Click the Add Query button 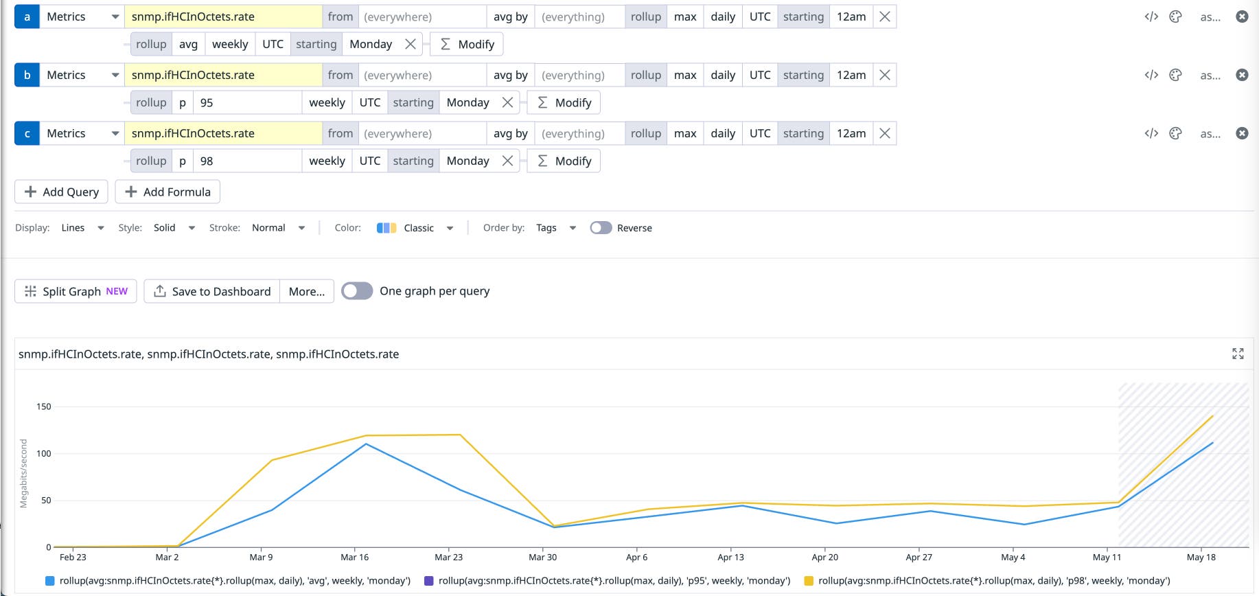[x=61, y=192]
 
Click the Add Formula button [x=168, y=192]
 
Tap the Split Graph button [x=76, y=291]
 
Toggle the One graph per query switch [x=357, y=291]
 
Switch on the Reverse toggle [x=601, y=228]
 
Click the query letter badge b [x=27, y=75]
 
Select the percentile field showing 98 [x=247, y=161]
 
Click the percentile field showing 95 [x=247, y=102]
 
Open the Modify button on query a [x=467, y=44]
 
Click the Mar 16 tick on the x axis [x=354, y=557]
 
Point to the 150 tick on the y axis [x=44, y=406]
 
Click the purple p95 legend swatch [x=429, y=581]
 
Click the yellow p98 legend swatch [x=809, y=581]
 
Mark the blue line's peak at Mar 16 [x=366, y=444]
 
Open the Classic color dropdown [x=415, y=228]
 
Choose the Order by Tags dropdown [x=555, y=228]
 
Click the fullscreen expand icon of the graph [x=1238, y=354]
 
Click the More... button [x=307, y=291]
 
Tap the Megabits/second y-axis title [x=24, y=473]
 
